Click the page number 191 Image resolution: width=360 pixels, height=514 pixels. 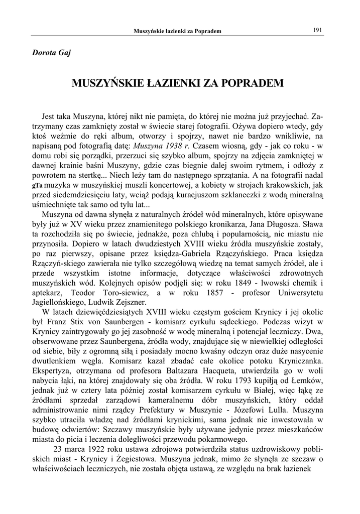317,30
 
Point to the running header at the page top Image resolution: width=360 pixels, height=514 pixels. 177,32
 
